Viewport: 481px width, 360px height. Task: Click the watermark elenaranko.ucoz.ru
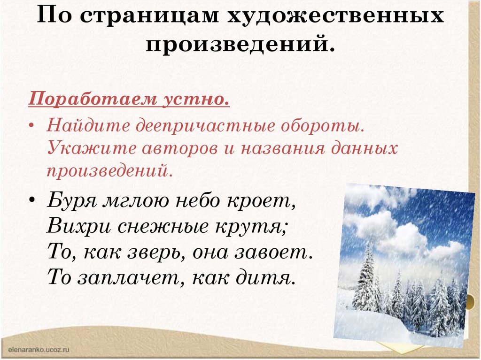coord(39,350)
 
